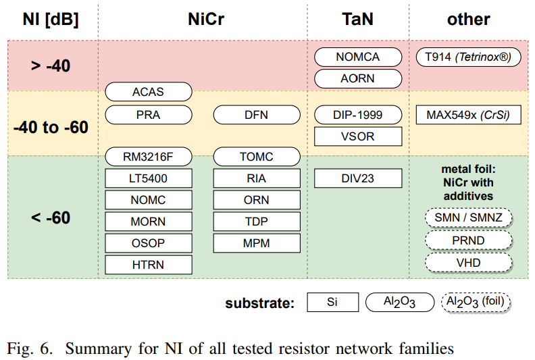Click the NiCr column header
206,19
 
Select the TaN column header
357,19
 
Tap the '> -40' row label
51,66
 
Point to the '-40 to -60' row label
51,127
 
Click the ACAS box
149,91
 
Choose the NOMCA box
358,57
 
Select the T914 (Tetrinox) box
469,57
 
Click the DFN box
257,115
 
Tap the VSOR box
358,136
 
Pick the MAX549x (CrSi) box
469,115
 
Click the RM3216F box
149,157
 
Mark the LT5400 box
149,178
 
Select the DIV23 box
358,178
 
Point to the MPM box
257,243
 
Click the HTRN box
149,265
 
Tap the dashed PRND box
469,240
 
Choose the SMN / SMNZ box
469,217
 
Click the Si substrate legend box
332,302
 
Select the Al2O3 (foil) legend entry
476,303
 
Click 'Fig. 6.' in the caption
30,349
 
